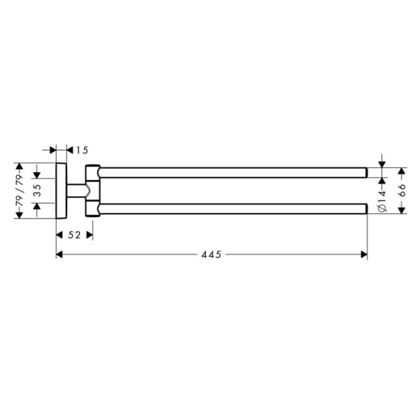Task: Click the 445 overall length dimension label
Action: coord(211,255)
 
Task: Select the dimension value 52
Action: coord(74,235)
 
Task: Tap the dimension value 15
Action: coord(82,150)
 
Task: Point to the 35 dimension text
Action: coord(38,190)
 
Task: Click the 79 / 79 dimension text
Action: coord(20,190)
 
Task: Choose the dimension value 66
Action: coord(402,190)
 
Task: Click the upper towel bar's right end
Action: coord(367,173)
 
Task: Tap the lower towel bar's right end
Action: coord(367,209)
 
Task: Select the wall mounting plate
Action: coord(62,190)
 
